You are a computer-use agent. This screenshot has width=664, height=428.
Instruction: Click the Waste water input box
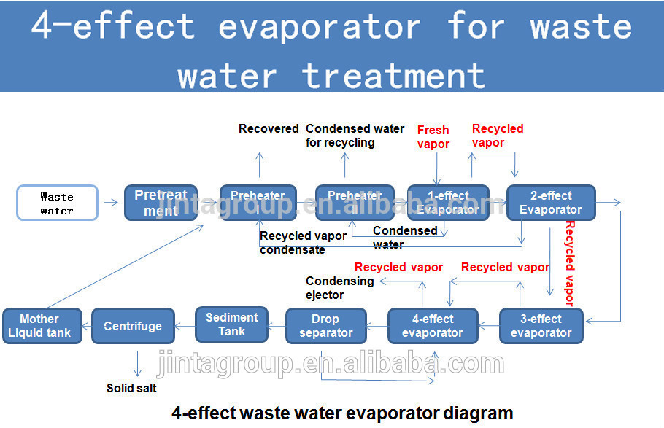coord(56,203)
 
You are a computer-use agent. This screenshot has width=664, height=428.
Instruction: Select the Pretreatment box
coord(161,203)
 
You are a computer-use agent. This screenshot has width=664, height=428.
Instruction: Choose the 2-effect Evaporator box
coord(551,203)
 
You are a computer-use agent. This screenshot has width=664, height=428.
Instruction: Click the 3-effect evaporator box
coord(541,326)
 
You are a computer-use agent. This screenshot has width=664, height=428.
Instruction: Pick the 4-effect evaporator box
coord(432,326)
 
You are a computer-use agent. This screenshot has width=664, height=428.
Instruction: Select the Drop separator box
coord(325,326)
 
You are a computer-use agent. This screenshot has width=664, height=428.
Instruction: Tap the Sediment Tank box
coord(231,324)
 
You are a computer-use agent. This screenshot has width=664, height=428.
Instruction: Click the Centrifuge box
coord(133,326)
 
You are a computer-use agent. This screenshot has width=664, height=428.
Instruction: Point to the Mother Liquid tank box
coord(40,326)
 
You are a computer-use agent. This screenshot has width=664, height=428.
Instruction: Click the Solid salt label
coord(131,388)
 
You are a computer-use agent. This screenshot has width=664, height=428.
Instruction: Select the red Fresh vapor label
coord(433,136)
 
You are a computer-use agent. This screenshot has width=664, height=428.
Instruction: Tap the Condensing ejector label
coord(339,288)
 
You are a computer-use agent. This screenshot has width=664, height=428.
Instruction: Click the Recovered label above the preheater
coord(269,128)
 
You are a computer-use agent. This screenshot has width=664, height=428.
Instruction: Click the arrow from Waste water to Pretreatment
coord(111,203)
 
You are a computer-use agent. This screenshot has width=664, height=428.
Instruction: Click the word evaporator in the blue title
coord(319,28)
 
